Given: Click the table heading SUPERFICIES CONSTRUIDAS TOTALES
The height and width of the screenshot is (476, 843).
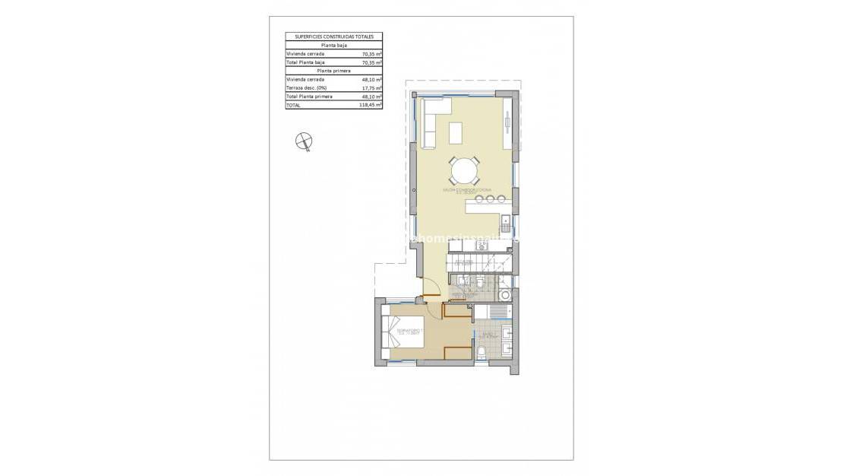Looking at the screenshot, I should click(333, 36).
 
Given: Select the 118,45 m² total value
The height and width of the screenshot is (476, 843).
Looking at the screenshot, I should click(370, 106).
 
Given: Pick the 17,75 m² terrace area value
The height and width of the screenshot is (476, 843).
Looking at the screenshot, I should click(371, 88).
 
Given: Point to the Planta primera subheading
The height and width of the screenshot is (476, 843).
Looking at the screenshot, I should click(333, 71).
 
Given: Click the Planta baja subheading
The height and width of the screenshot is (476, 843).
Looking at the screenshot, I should click(333, 46).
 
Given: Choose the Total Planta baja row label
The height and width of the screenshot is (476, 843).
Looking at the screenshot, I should click(305, 62).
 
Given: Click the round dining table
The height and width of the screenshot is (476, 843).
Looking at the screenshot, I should click(464, 169).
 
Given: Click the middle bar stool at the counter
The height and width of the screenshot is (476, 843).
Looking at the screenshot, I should click(490, 199).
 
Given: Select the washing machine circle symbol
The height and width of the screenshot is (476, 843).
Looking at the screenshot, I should click(505, 295).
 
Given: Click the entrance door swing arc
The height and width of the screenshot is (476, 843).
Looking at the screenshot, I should click(431, 290).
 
